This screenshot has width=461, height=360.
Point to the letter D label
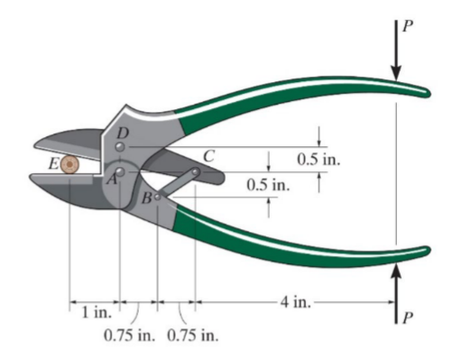click(124, 132)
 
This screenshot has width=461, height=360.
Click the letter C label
click(208, 155)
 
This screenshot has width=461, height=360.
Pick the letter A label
click(111, 180)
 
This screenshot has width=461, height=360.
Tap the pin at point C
click(195, 171)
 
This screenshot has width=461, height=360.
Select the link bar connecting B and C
click(176, 183)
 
